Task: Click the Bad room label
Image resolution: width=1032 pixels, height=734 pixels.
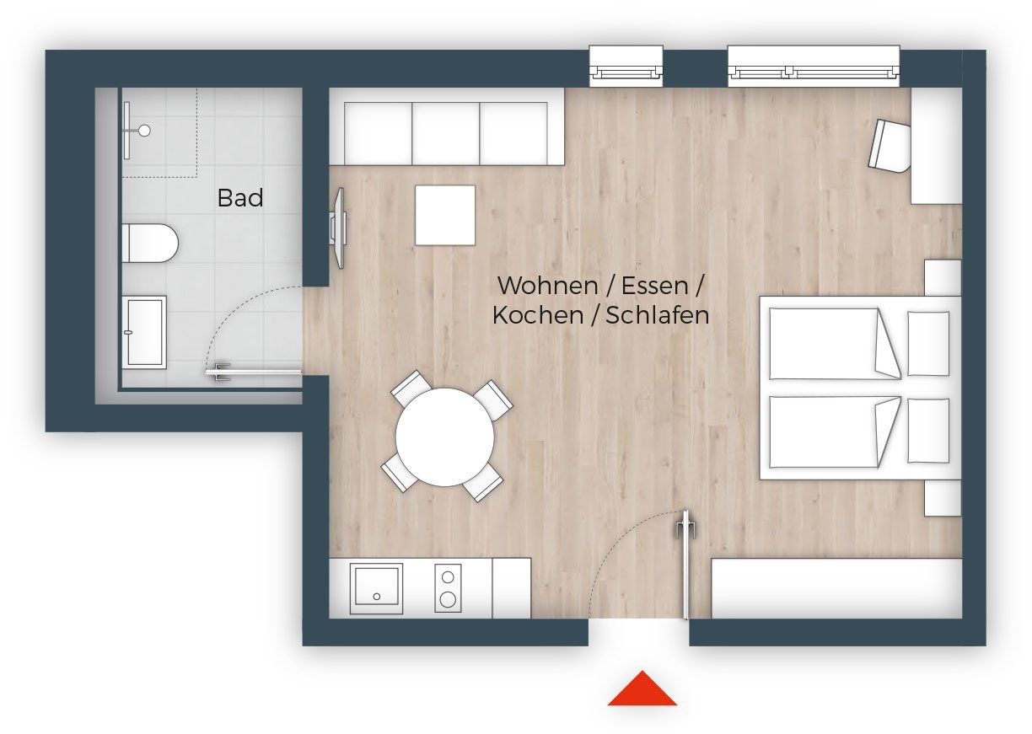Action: [x=240, y=197]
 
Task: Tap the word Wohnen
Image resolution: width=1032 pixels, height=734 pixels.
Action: [x=547, y=286]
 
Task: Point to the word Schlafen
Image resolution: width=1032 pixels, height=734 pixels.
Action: [x=657, y=315]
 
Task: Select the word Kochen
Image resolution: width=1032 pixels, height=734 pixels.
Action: [x=538, y=315]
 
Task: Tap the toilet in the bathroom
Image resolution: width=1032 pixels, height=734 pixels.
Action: [x=150, y=244]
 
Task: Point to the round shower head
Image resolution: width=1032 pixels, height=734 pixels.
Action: [x=145, y=131]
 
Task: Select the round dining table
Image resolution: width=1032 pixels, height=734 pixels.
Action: [x=445, y=437]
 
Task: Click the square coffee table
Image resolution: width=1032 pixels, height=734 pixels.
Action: [x=445, y=215]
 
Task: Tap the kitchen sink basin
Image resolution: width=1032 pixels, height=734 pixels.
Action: [x=376, y=588]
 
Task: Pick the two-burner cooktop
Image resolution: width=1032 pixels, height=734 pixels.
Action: [x=448, y=588]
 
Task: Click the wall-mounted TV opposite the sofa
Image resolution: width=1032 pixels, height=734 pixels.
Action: [x=339, y=228]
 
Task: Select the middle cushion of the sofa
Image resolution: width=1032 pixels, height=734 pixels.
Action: [x=445, y=133]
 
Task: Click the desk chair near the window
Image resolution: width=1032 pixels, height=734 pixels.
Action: [x=890, y=146]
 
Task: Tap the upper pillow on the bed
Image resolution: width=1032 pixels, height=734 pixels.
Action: [x=928, y=344]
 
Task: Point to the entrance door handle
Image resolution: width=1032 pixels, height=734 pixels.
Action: [x=686, y=527]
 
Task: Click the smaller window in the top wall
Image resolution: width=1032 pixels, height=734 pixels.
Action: [x=626, y=66]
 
